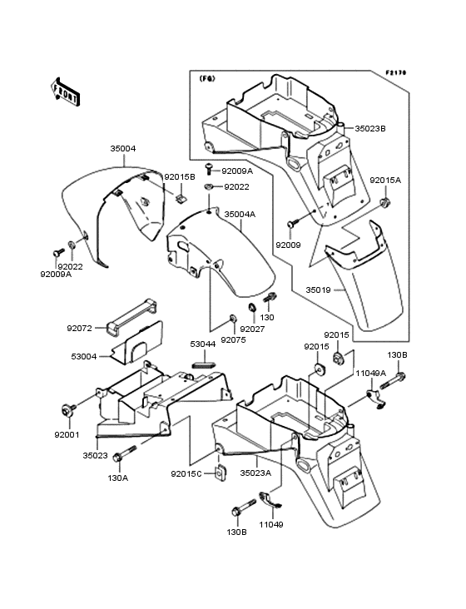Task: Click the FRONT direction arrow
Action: click(65, 92)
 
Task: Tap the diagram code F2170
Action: click(396, 72)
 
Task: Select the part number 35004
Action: click(123, 148)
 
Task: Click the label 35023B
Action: click(370, 128)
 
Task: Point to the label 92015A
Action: click(385, 181)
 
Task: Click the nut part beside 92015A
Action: click(385, 201)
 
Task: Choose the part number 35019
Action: click(318, 290)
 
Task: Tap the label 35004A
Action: click(240, 214)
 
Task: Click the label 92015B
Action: click(180, 176)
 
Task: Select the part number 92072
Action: click(80, 328)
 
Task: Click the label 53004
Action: click(83, 356)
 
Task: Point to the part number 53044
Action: click(203, 344)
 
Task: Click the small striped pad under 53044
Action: click(204, 364)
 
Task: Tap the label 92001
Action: click(67, 434)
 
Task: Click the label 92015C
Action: click(186, 474)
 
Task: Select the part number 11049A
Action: click(371, 374)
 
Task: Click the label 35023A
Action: click(255, 473)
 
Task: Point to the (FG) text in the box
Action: click(206, 78)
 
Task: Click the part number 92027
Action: click(252, 329)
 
